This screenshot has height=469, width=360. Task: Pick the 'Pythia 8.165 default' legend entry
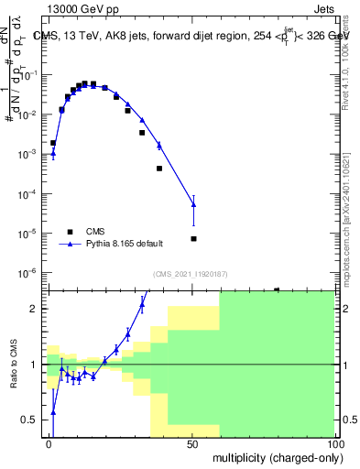pos(125,245)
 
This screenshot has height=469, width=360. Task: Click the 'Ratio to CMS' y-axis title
pos(13,365)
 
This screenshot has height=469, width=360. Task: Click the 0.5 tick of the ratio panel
pos(35,420)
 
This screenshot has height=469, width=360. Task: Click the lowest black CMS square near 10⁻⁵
pos(193,239)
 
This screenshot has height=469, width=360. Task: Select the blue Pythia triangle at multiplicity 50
pos(193,205)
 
